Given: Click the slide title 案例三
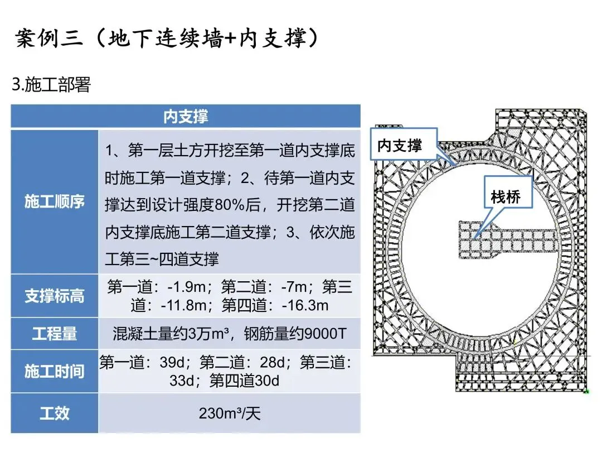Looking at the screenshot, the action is point(50,39).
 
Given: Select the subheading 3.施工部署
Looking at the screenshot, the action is point(51,85).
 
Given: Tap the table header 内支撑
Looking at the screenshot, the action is point(186,117).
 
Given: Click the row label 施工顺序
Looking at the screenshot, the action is point(55,201).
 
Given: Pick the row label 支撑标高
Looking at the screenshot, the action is point(55,296).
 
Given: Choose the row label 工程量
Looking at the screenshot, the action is point(55,334).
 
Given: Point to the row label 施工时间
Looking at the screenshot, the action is point(55,371).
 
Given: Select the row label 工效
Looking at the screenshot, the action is point(55,413).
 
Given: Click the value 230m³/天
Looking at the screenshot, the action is point(230,413).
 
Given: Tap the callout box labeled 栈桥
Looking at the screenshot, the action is point(506,196).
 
